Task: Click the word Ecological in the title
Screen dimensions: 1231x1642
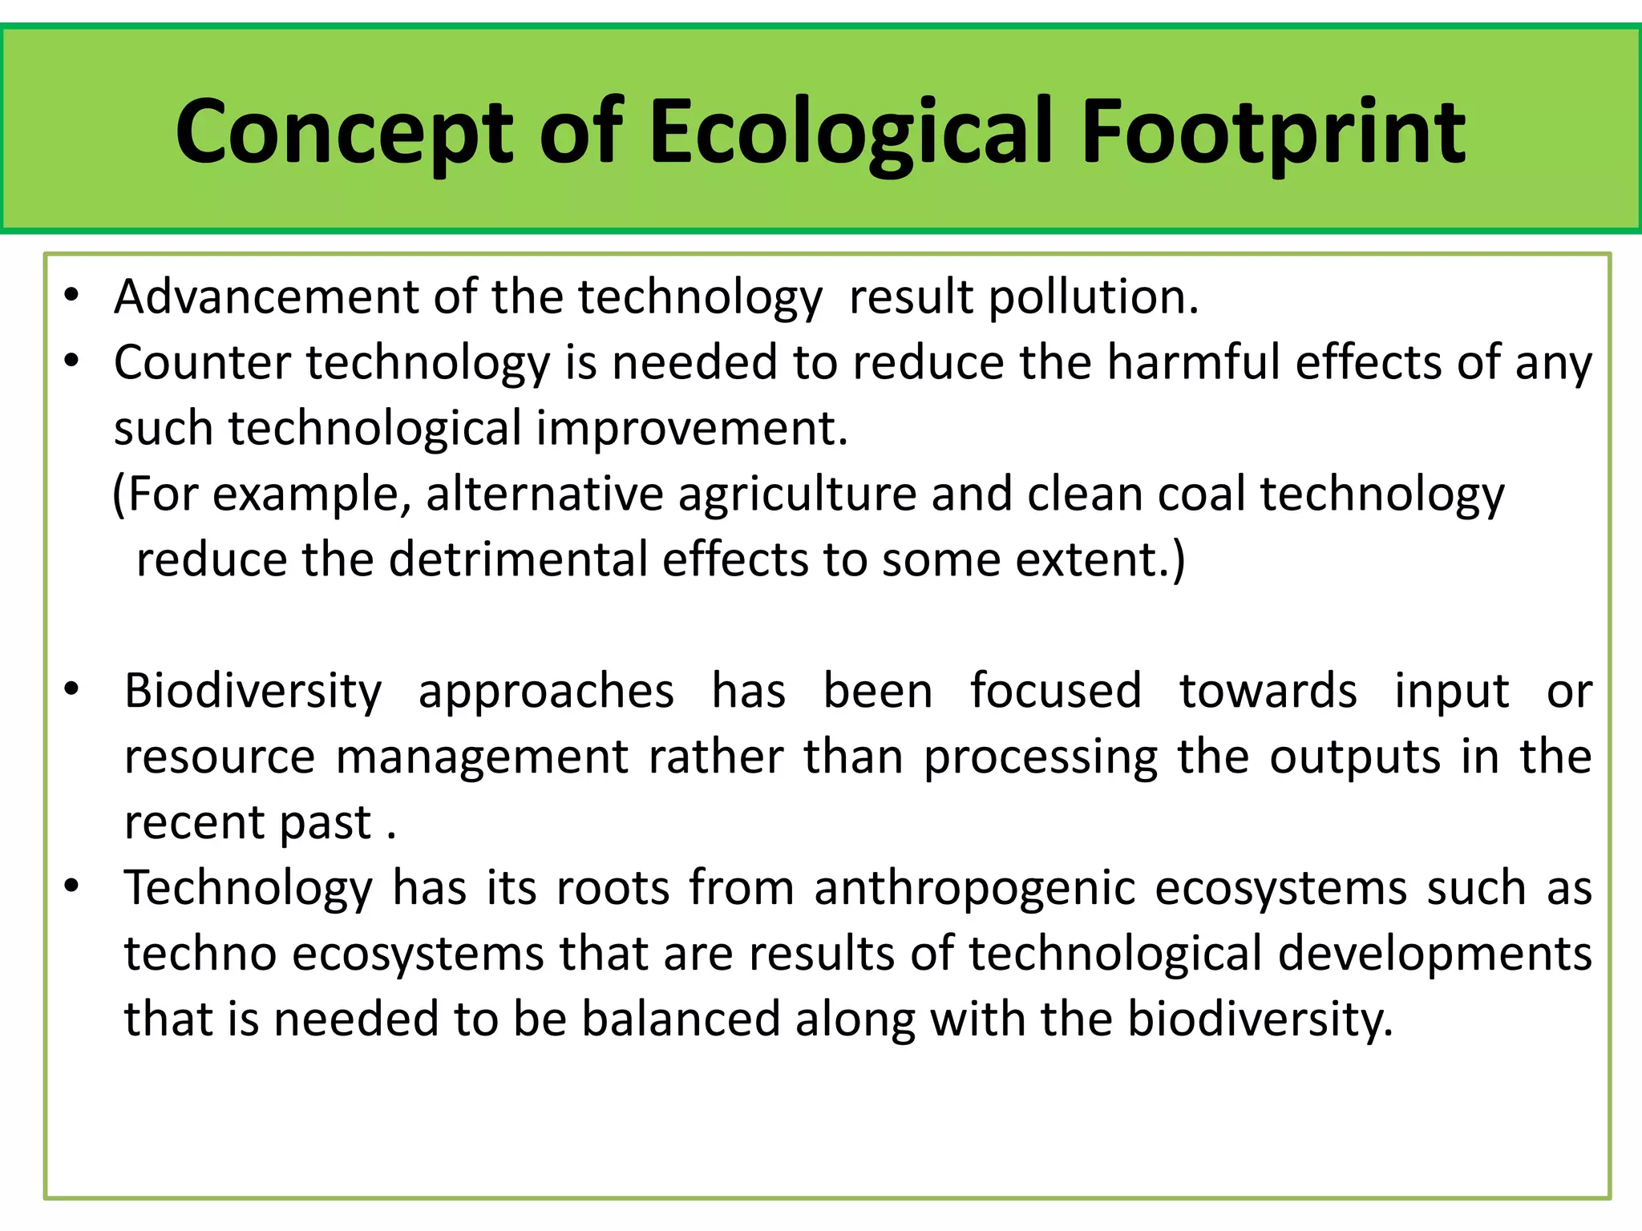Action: tap(851, 132)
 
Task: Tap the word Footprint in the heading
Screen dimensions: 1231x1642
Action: tap(1273, 132)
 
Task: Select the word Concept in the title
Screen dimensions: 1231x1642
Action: tap(343, 132)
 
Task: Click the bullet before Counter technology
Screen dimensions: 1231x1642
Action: tap(72, 362)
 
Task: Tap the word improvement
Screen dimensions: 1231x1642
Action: tap(691, 428)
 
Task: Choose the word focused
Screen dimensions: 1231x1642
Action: tap(1055, 691)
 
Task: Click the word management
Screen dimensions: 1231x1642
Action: tap(482, 757)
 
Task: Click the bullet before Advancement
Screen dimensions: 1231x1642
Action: tap(72, 297)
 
